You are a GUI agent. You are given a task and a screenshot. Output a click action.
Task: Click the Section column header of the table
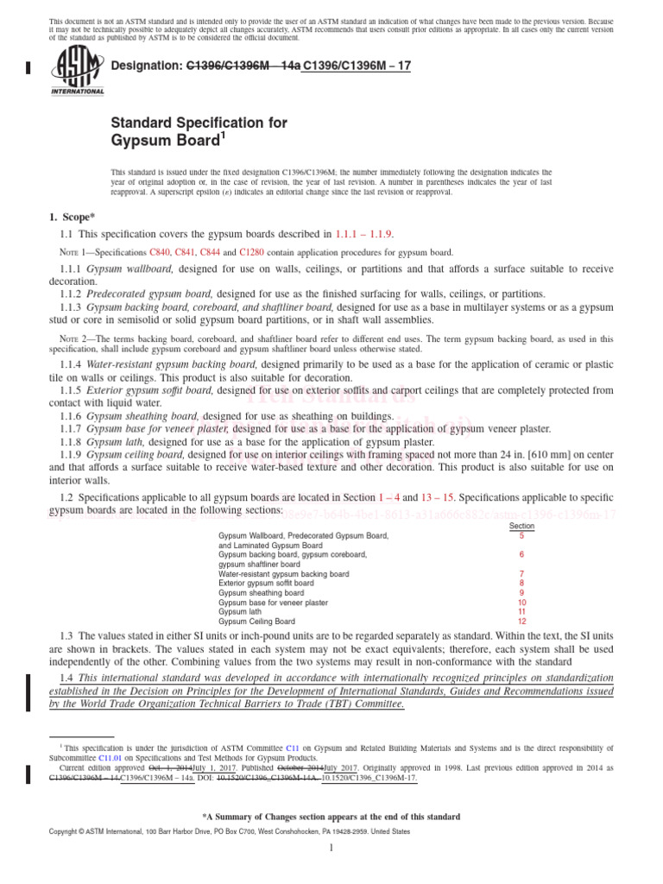521,526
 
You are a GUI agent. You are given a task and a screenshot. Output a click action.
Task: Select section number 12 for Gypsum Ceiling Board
521,621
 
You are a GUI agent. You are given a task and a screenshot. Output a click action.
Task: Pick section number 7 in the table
521,573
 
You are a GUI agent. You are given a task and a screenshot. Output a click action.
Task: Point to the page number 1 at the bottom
331,849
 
